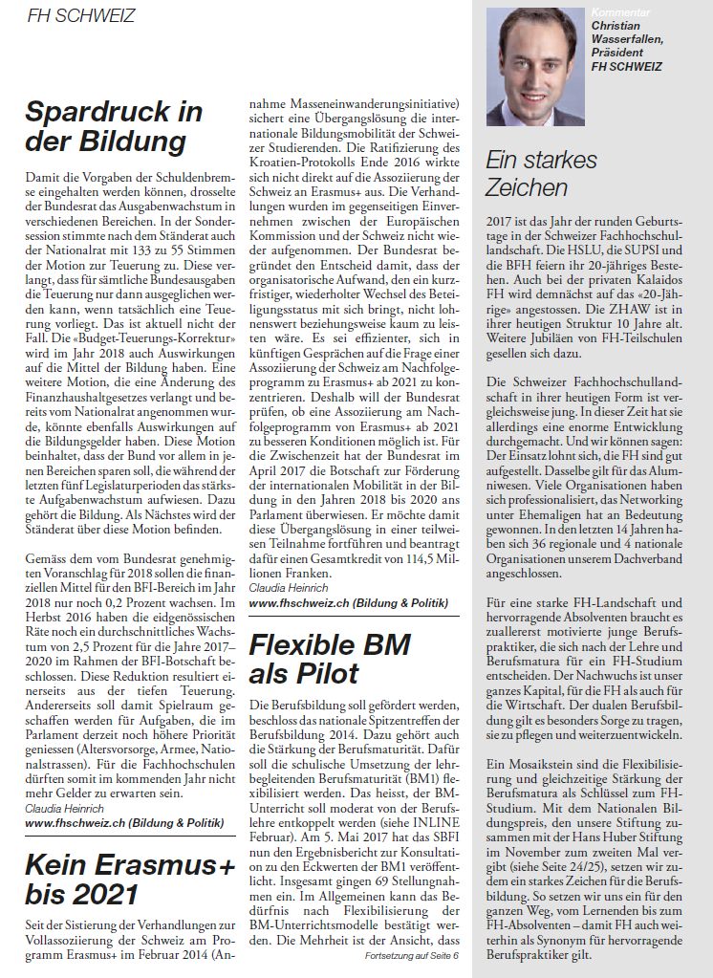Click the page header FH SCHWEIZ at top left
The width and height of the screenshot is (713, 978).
point(81,16)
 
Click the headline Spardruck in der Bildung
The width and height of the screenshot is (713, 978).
point(114,126)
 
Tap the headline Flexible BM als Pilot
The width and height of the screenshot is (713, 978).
point(331,658)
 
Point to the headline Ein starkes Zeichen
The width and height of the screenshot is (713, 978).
point(541,173)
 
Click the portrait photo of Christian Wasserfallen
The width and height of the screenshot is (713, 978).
point(535,67)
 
